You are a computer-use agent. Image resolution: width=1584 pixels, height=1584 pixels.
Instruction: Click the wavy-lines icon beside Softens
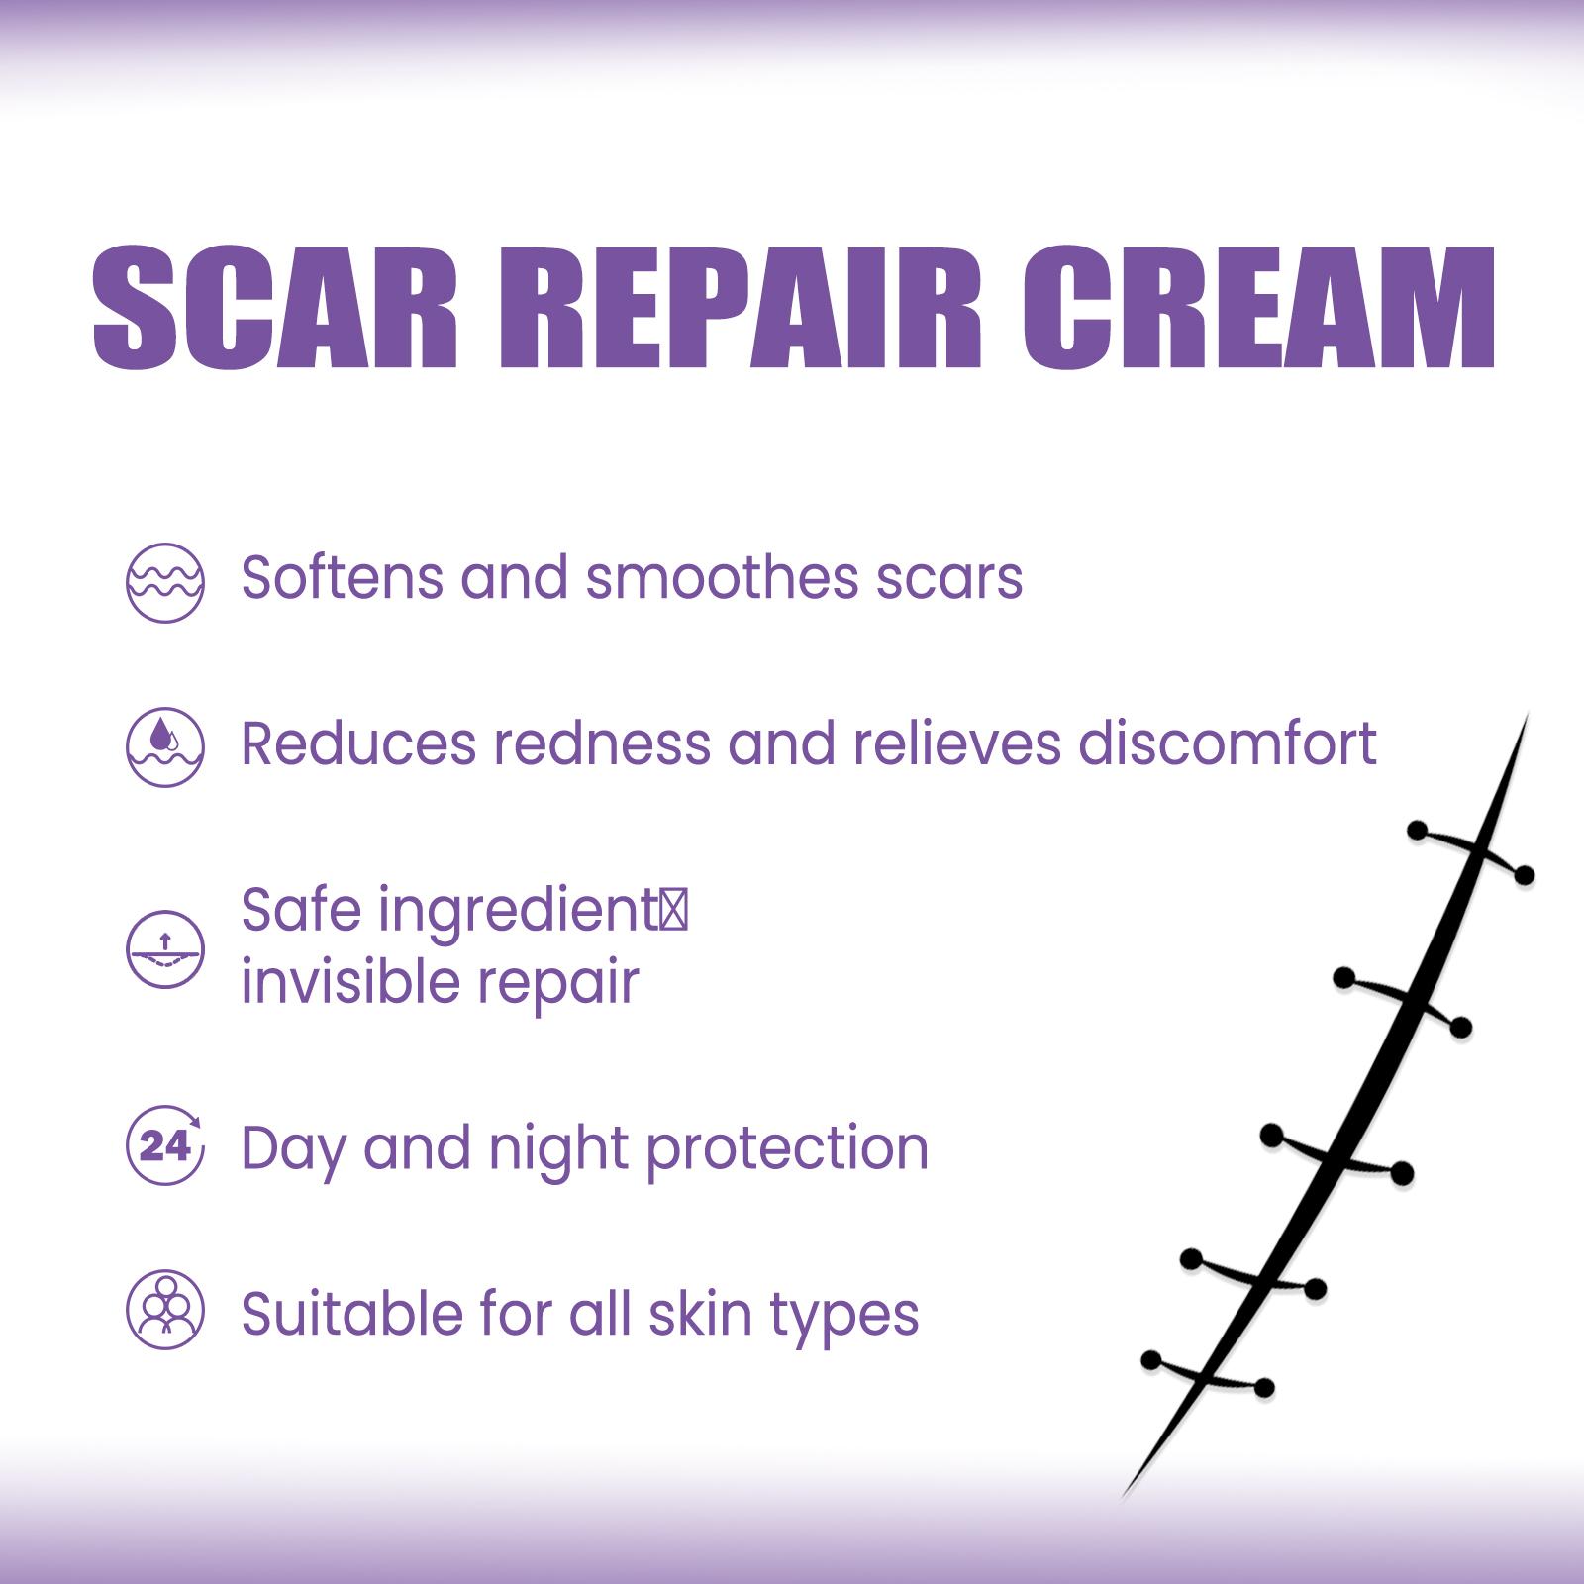click(x=165, y=582)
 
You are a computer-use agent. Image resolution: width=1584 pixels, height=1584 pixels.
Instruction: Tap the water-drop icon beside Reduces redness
click(x=165, y=746)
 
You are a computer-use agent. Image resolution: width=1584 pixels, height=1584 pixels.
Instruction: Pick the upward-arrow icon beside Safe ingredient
click(x=165, y=948)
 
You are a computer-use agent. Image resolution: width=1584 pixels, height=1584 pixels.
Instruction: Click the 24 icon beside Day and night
click(x=165, y=1145)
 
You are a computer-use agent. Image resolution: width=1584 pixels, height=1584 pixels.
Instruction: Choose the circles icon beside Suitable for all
click(x=165, y=1310)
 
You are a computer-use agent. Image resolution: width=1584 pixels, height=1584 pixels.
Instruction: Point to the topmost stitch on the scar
click(x=1471, y=851)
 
